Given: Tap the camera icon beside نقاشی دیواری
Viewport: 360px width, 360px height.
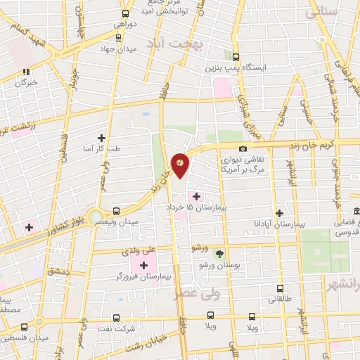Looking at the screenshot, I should pos(243,149).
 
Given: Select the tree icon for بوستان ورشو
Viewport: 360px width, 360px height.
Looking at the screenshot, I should pos(219,253).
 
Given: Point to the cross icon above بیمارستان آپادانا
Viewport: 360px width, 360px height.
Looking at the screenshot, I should pos(280,212).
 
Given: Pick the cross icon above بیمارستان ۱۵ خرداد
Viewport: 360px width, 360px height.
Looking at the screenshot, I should pos(195,196).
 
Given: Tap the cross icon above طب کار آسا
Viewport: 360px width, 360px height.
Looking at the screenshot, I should pos(103,138).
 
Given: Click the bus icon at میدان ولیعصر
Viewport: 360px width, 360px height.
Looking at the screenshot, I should pos(116,210).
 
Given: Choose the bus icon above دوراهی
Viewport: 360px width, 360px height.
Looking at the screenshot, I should pos(125,13).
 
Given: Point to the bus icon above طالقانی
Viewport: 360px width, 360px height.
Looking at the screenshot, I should pos(280,288).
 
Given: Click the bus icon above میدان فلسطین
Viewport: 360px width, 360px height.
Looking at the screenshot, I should pos(25,327).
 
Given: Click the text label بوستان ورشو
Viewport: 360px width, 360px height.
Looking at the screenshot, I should pos(219,266).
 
